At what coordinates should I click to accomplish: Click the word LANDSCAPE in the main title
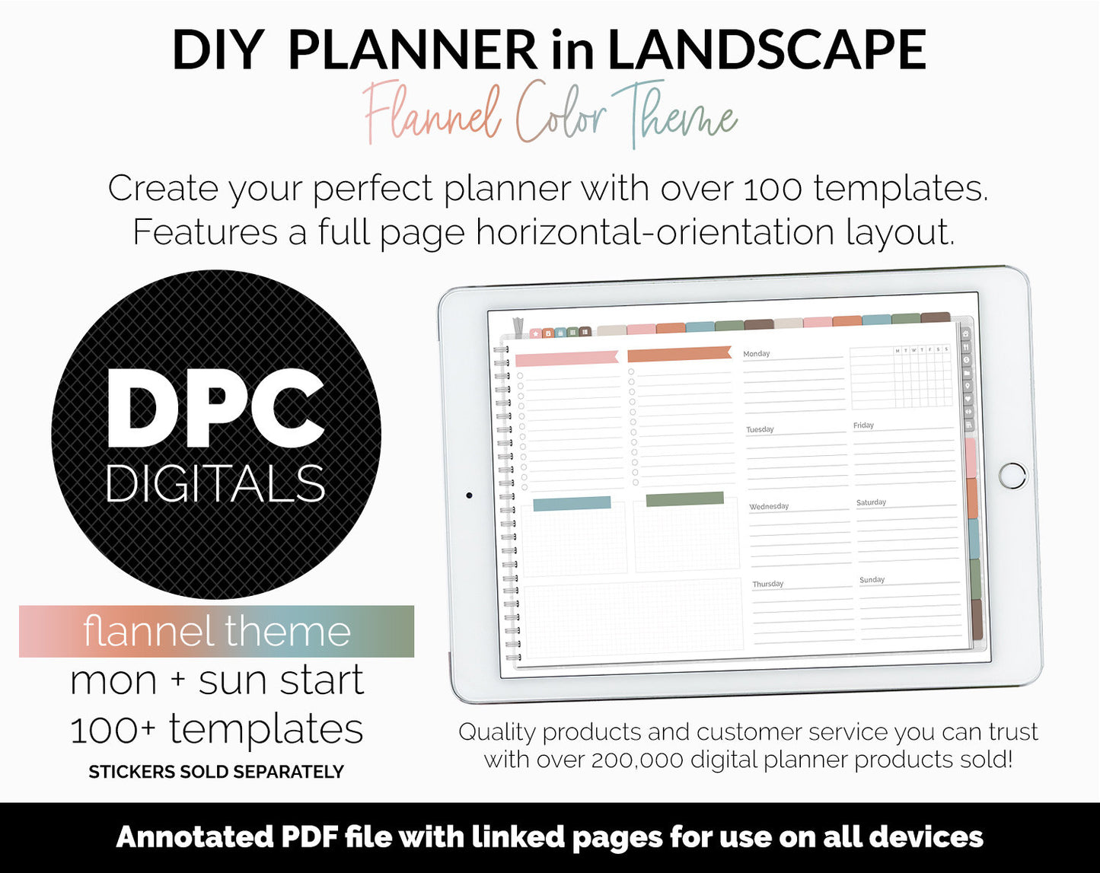coord(767,50)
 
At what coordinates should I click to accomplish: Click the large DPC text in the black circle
coord(216,408)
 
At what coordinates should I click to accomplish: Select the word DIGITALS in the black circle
coord(215,483)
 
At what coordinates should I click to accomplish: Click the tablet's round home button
coord(1012,475)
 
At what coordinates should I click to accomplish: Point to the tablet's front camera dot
coord(469,495)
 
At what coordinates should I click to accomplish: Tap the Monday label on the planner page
coord(757,354)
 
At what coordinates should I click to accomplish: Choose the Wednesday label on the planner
coord(769,506)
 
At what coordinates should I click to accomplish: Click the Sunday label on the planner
coord(872,580)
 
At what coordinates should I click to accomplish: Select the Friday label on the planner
coord(863,425)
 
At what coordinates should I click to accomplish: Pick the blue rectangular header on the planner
coord(572,503)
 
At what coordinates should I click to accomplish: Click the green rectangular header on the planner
coord(684,499)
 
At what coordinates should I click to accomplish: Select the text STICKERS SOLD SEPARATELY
coord(216,772)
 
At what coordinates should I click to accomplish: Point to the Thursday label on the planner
coord(768,584)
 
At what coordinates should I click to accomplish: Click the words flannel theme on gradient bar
coord(216,632)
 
